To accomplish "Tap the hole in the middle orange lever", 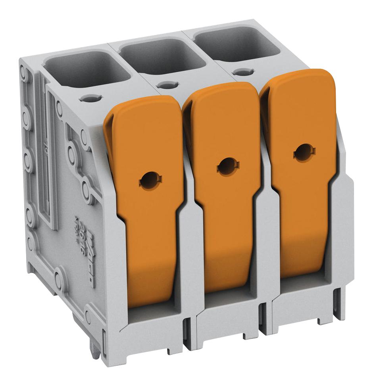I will (227, 166).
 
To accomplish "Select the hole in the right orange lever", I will (304, 152).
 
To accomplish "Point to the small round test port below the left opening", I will (91, 98).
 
